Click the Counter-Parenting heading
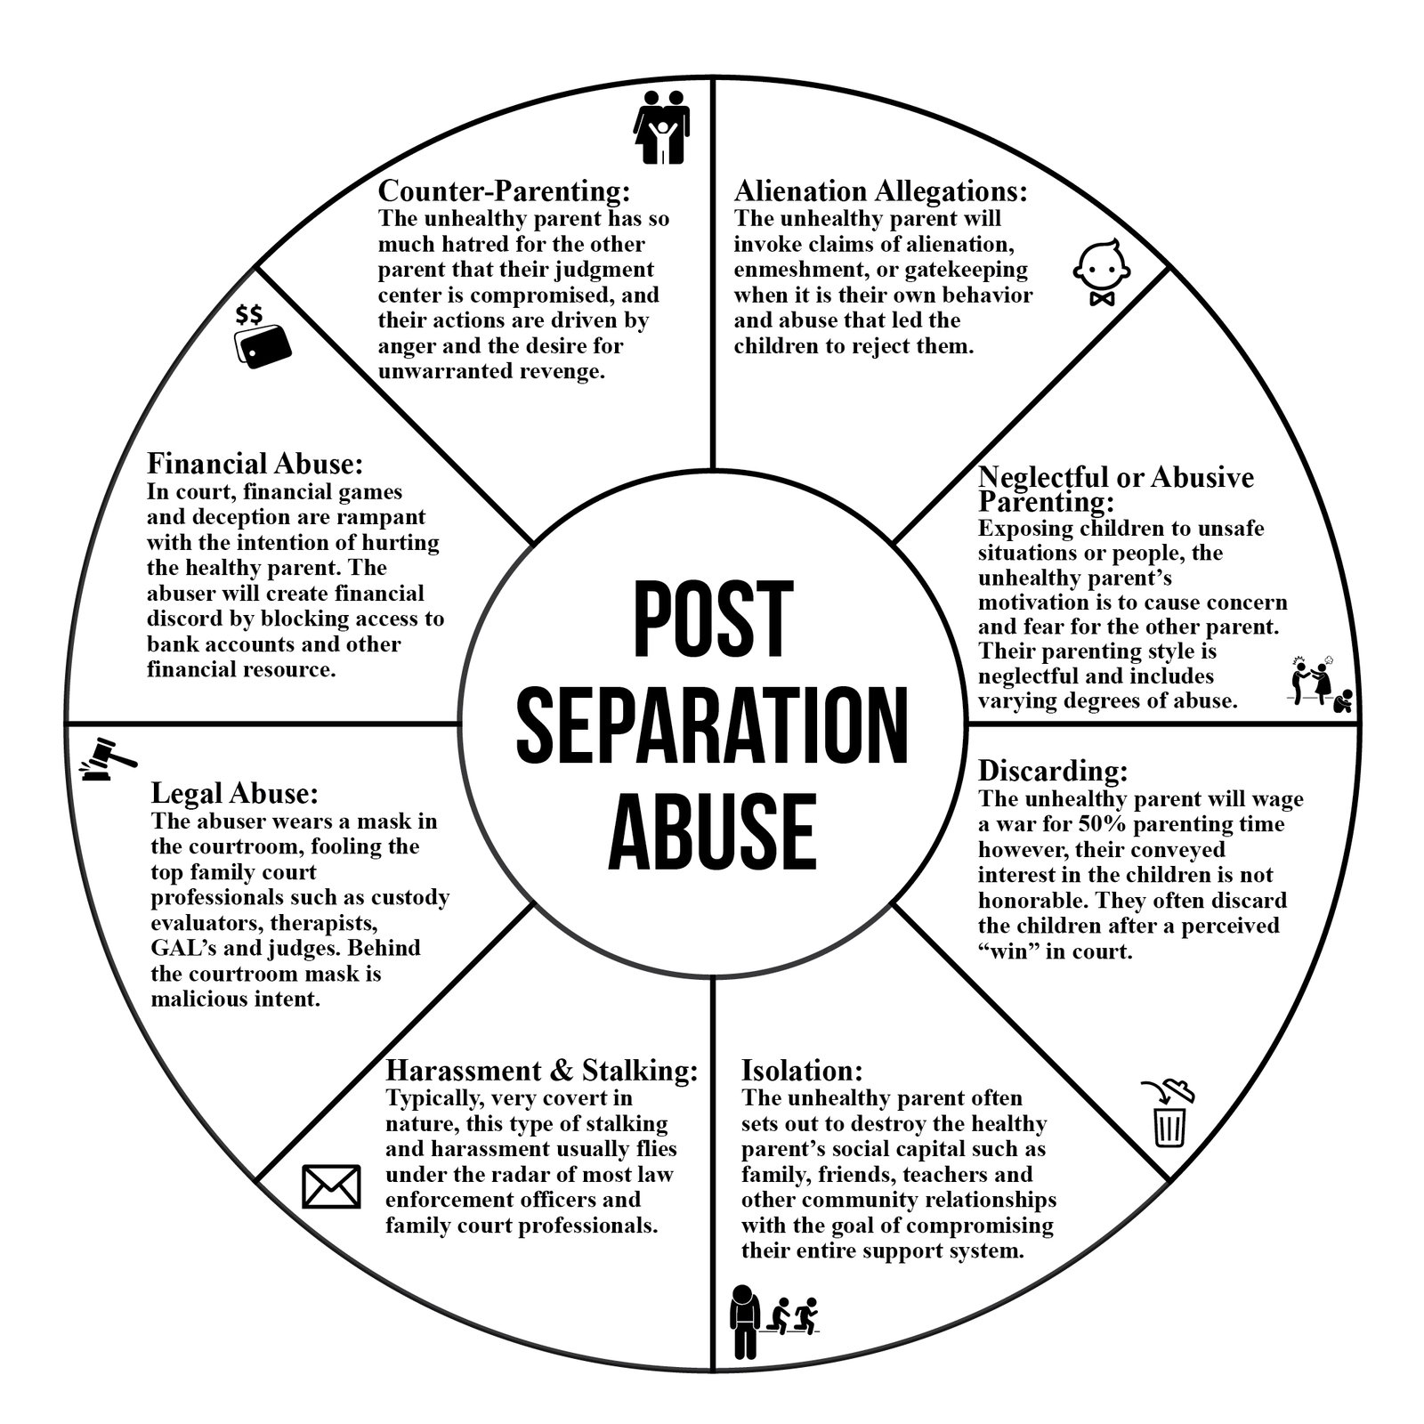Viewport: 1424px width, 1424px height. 505,191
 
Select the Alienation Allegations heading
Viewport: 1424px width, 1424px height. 881,191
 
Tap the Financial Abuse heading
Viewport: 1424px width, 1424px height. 255,464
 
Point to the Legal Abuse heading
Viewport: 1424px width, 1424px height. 235,793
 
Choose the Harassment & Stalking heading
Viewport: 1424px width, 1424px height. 542,1070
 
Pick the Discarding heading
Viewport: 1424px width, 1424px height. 1054,770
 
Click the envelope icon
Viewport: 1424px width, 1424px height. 332,1186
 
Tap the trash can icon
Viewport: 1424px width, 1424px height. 1168,1115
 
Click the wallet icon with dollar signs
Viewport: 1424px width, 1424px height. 263,336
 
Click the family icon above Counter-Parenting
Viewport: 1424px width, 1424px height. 661,126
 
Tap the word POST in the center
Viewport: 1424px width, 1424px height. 713,619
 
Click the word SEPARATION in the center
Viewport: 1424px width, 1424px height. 713,725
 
